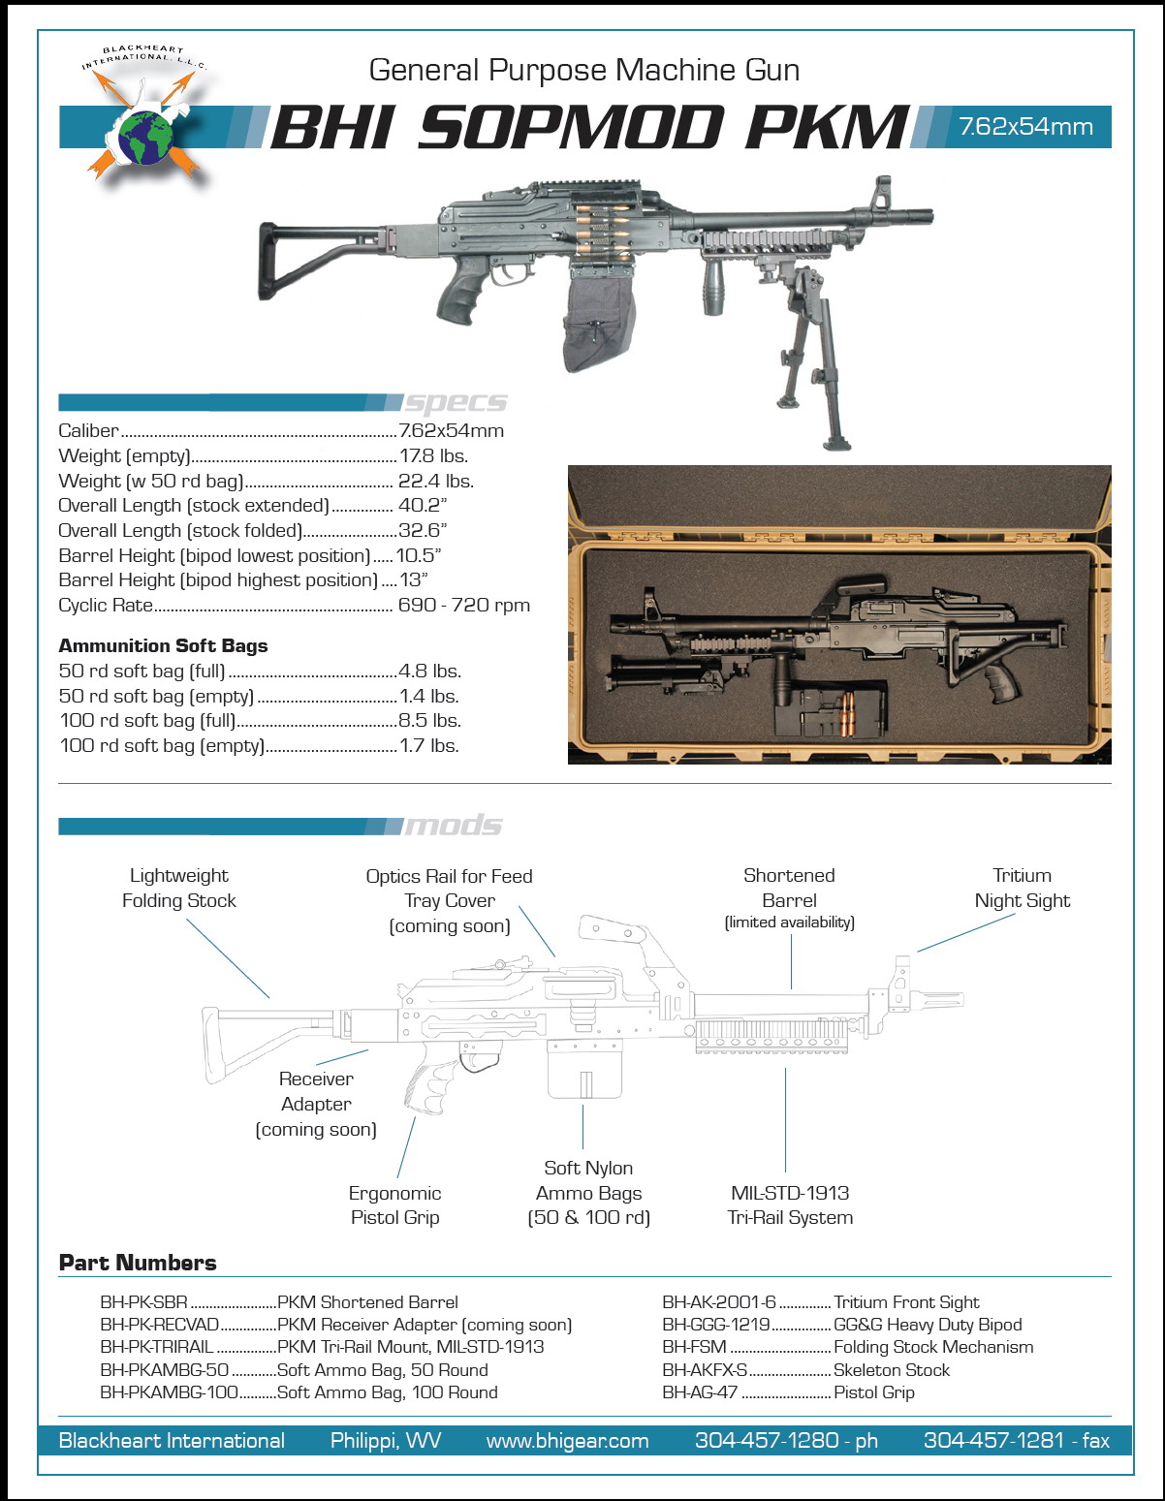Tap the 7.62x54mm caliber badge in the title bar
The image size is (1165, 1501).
point(1025,127)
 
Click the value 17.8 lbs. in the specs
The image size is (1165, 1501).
point(433,455)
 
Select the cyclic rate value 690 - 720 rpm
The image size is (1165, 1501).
point(464,605)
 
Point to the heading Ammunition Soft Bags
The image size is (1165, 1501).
point(163,645)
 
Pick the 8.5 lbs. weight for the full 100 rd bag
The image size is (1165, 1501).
point(430,720)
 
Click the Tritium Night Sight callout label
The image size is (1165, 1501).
point(1022,888)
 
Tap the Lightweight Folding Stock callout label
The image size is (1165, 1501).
point(179,888)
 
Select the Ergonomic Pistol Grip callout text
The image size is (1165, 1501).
point(394,1204)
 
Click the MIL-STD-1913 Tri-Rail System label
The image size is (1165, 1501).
point(790,1204)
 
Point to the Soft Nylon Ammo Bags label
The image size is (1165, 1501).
point(588,1192)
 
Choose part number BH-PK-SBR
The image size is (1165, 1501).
point(143,1302)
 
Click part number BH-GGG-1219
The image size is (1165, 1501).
point(716,1325)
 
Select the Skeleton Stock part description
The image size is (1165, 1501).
point(892,1370)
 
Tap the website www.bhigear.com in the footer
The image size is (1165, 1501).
point(567,1441)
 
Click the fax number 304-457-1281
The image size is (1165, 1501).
point(1016,1441)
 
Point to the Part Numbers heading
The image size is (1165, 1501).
point(138,1263)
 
